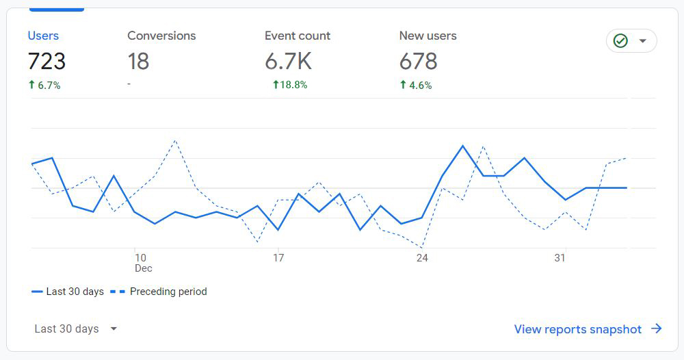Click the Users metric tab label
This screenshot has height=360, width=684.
coord(43,36)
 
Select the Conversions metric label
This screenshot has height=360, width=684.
coord(161,36)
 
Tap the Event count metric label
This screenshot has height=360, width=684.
coord(298,36)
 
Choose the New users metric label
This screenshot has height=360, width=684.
coord(428,36)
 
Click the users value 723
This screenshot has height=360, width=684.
coord(47,62)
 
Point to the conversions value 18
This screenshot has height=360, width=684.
coord(138,62)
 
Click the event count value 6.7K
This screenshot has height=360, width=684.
coord(288,62)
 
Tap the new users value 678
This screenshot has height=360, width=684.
coord(418,62)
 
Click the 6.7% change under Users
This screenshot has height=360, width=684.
coord(44,86)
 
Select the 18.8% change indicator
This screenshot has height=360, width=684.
coord(290,85)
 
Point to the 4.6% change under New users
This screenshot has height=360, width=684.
coord(416,86)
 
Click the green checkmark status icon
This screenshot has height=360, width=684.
coord(620,41)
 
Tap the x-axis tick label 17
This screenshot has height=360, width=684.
coord(278,258)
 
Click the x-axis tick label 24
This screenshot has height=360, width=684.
coord(422,258)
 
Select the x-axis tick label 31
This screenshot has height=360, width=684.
coord(560,258)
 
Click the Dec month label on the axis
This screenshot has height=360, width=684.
coord(143,268)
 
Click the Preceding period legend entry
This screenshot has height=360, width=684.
coord(159,292)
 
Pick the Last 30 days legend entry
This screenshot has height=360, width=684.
coord(68,292)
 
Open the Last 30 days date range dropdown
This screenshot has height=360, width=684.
coord(75,329)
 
